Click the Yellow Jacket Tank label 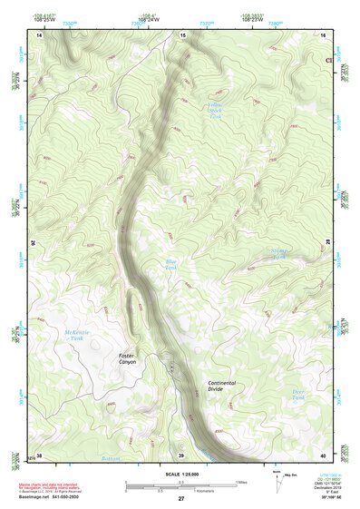point(215,112)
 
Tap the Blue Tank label point(170,264)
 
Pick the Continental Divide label point(222,386)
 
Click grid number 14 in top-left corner point(40,34)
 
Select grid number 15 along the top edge point(182,34)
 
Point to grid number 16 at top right point(323,34)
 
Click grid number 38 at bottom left point(39,455)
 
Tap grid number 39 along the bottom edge point(181,455)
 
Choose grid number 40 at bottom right point(324,455)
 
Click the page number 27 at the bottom point(181,500)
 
